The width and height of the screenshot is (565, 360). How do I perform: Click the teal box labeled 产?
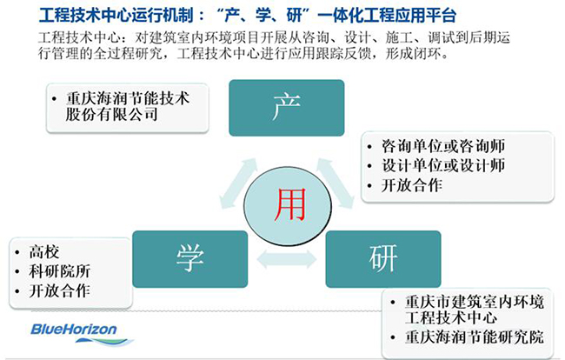coord(286,107)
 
